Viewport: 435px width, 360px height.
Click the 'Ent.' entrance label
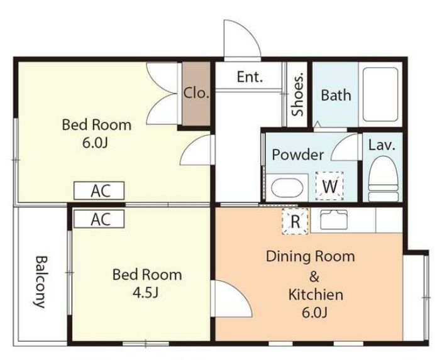[250, 77]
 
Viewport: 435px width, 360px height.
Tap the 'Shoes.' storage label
[297, 94]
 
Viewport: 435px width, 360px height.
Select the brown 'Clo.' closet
[196, 94]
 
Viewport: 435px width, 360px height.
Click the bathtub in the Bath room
[380, 94]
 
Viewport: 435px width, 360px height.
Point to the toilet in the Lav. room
[383, 178]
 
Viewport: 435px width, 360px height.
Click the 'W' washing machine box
[329, 186]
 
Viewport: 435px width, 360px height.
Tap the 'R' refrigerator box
[295, 221]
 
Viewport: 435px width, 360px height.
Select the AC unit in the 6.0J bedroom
[99, 190]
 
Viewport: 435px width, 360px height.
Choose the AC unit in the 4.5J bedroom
[99, 219]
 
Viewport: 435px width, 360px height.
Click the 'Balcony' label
[40, 282]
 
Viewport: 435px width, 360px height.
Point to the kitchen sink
[334, 219]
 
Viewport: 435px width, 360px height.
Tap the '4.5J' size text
[146, 293]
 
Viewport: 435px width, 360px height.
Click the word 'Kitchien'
[316, 295]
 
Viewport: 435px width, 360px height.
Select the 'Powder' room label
[298, 155]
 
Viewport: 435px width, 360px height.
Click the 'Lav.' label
[382, 145]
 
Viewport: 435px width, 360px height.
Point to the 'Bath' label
[336, 95]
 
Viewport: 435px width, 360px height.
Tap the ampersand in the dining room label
[314, 276]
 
